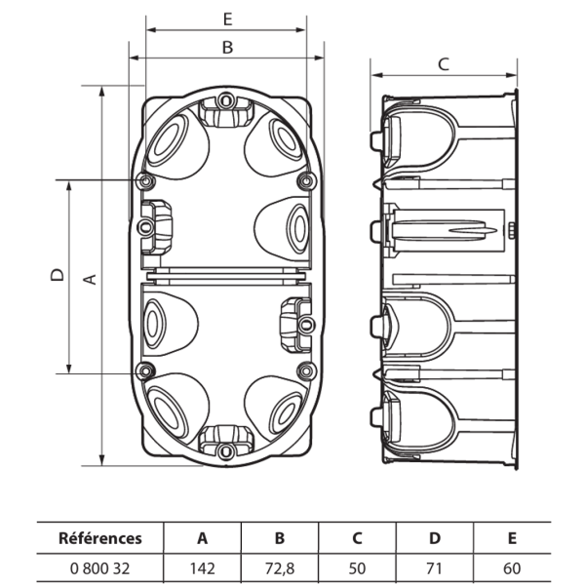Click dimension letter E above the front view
(227, 19)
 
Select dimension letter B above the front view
(227, 48)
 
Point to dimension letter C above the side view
(444, 64)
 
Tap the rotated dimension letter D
(58, 275)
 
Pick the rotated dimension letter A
(90, 280)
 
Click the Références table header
(100, 538)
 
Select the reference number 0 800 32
(100, 568)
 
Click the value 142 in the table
(203, 568)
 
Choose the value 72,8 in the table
(280, 568)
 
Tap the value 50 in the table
(357, 568)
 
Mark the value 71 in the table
(434, 568)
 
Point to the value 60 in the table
(512, 568)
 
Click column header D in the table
(435, 538)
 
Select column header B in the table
(280, 538)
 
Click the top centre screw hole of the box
(225, 100)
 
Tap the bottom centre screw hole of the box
(225, 451)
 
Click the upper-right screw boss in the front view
(307, 181)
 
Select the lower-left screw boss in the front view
(145, 370)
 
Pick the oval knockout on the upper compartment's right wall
(297, 228)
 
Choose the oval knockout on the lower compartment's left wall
(154, 324)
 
